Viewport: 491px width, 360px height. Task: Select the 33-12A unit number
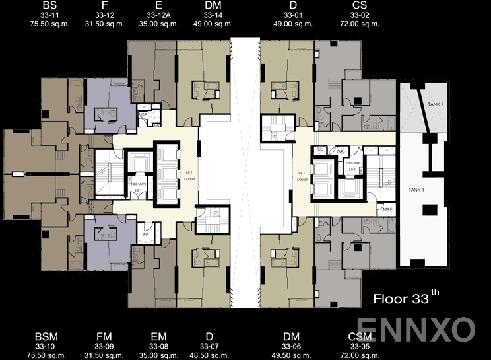[x=161, y=14]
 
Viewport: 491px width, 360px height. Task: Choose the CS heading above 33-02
[x=360, y=5]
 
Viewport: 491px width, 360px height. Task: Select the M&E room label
[x=388, y=210]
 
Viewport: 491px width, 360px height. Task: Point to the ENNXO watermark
[x=416, y=328]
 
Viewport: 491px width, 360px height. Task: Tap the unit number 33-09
[x=104, y=346]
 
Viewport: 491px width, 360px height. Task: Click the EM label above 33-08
[x=158, y=337]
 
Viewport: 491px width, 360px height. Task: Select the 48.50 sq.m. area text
[x=209, y=355]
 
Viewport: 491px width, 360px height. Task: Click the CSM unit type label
[x=360, y=337]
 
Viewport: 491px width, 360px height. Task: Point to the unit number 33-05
[x=360, y=346]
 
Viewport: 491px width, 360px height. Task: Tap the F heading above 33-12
[x=105, y=5]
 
